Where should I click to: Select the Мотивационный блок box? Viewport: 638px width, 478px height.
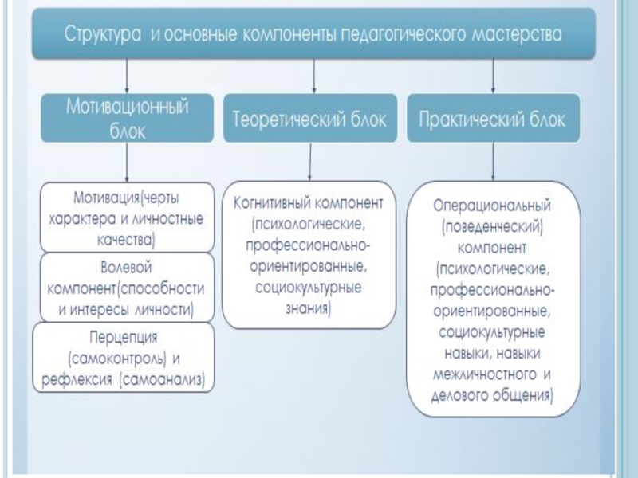click(128, 118)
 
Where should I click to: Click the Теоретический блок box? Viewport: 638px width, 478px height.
click(310, 121)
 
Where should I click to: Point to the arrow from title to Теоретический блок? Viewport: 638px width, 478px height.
click(313, 78)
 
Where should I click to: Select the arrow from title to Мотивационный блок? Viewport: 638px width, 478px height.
click(128, 78)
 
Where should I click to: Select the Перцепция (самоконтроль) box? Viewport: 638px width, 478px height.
click(124, 356)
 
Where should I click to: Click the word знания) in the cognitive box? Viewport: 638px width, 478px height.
click(307, 304)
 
